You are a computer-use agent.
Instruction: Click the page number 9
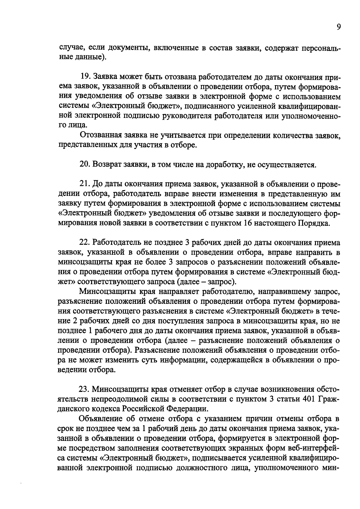coord(338,27)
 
